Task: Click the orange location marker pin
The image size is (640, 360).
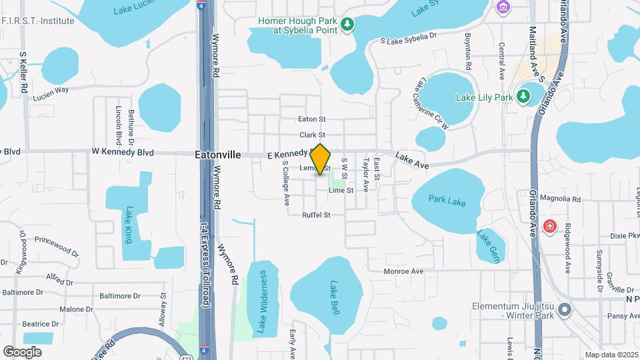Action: click(x=321, y=159)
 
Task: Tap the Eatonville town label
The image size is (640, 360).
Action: click(x=218, y=154)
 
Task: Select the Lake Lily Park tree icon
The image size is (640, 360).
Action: click(x=524, y=97)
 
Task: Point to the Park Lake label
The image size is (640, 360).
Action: click(x=447, y=200)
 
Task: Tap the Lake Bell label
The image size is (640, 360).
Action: click(x=335, y=297)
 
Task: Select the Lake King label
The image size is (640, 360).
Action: click(x=128, y=225)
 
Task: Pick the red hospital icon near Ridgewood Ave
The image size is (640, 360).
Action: click(x=550, y=226)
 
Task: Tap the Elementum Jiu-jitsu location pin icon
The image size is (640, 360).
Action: click(x=565, y=309)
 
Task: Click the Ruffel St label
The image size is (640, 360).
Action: click(x=316, y=215)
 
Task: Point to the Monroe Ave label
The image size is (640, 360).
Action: click(x=403, y=271)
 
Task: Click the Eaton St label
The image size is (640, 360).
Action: click(x=311, y=119)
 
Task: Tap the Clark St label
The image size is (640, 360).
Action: click(x=312, y=135)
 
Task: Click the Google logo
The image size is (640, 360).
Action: click(x=23, y=351)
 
